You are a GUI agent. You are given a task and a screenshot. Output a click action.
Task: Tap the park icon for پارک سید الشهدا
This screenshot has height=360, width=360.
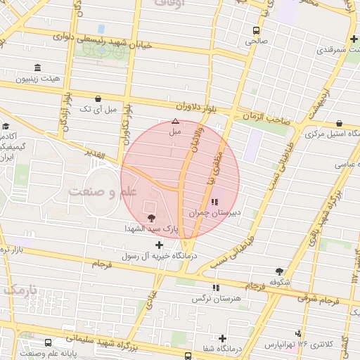click(153, 217)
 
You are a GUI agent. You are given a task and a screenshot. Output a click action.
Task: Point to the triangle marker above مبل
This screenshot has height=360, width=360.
click(175, 121)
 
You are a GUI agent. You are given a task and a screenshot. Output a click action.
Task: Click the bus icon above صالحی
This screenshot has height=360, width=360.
click(256, 30)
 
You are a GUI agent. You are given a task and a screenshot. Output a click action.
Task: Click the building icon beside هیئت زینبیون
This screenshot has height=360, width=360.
click(37, 67)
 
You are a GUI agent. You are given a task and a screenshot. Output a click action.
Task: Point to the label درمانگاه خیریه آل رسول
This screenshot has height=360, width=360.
click(160, 256)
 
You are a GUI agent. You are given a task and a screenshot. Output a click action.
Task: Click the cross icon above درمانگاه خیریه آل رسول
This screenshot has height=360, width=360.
click(160, 245)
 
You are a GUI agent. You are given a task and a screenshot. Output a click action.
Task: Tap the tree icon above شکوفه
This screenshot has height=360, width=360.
click(280, 271)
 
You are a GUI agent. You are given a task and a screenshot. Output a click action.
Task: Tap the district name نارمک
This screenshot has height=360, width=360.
click(19, 289)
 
